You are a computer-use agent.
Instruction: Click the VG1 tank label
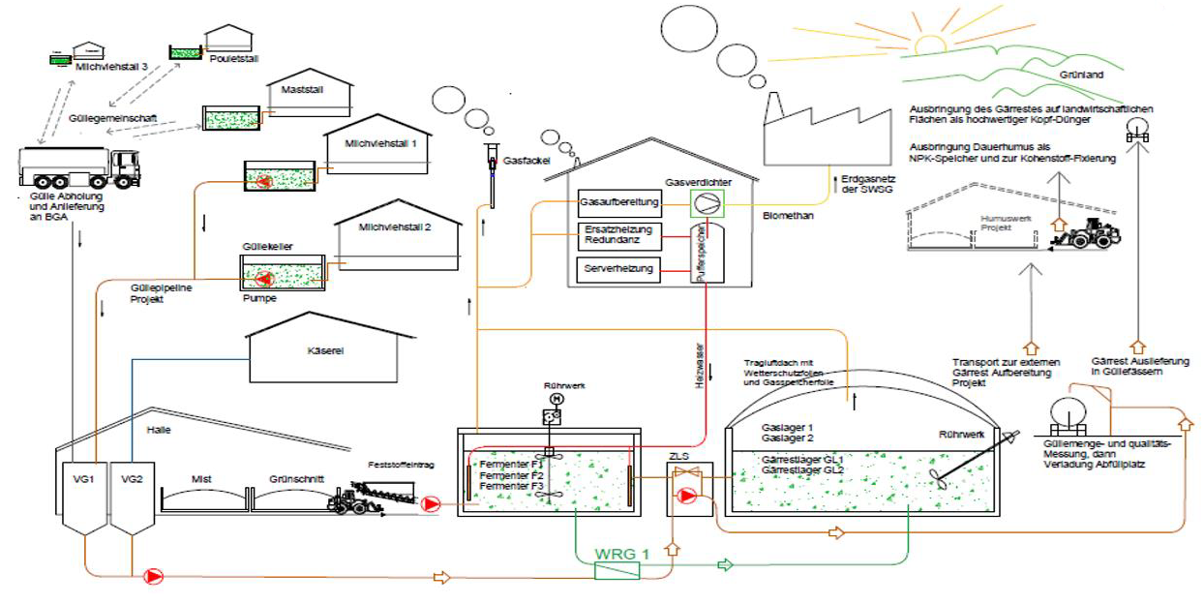pos(85,478)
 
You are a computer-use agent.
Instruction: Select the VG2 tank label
pos(132,478)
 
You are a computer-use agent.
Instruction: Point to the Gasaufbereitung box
pos(619,203)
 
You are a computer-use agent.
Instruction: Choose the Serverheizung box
pos(618,268)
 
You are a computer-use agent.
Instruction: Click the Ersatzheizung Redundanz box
pos(618,235)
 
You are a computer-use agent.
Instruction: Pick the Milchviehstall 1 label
pos(380,143)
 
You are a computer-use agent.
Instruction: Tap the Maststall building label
pos(301,90)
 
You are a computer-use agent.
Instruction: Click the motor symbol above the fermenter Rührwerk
pos(556,399)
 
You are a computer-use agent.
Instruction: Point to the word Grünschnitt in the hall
pos(296,477)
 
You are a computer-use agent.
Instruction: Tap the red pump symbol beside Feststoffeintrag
pos(431,503)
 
